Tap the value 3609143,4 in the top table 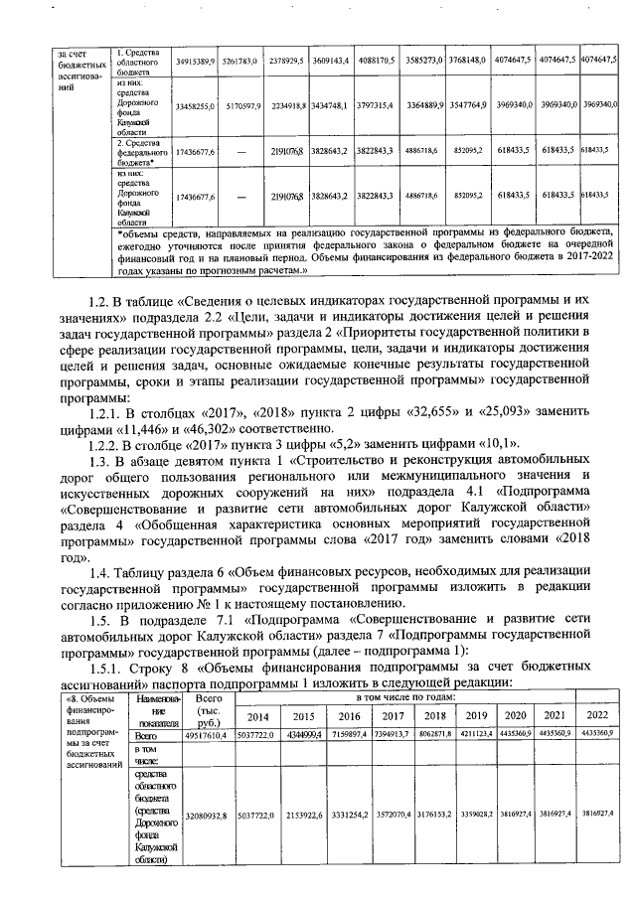click(329, 61)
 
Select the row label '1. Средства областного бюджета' click(138, 60)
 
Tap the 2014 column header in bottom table click(257, 716)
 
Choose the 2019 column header click(476, 716)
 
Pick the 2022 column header click(598, 716)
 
